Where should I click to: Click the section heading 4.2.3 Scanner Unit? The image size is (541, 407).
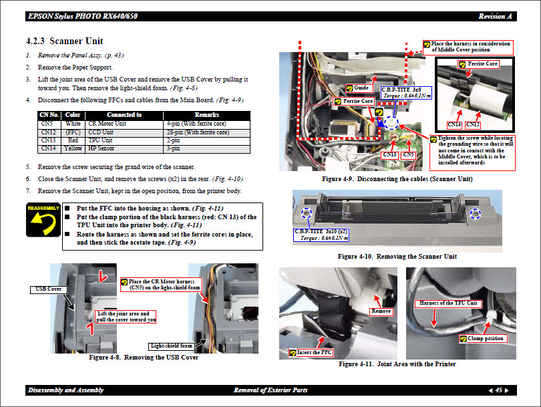tap(64, 41)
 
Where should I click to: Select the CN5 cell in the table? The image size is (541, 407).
tap(47, 124)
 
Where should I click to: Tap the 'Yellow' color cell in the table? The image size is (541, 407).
tap(73, 148)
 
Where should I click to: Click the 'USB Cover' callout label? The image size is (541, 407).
tap(45, 289)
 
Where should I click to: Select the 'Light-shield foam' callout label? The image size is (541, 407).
tap(171, 346)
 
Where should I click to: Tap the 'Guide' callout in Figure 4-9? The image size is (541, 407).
tap(362, 88)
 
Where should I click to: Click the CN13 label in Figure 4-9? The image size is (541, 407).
tap(389, 155)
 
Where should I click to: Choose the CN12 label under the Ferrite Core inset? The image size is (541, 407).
tap(473, 124)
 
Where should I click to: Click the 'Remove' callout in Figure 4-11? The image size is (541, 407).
tap(381, 311)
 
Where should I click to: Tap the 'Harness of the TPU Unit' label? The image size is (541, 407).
tap(448, 303)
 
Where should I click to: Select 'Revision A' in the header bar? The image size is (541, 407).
tap(495, 16)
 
